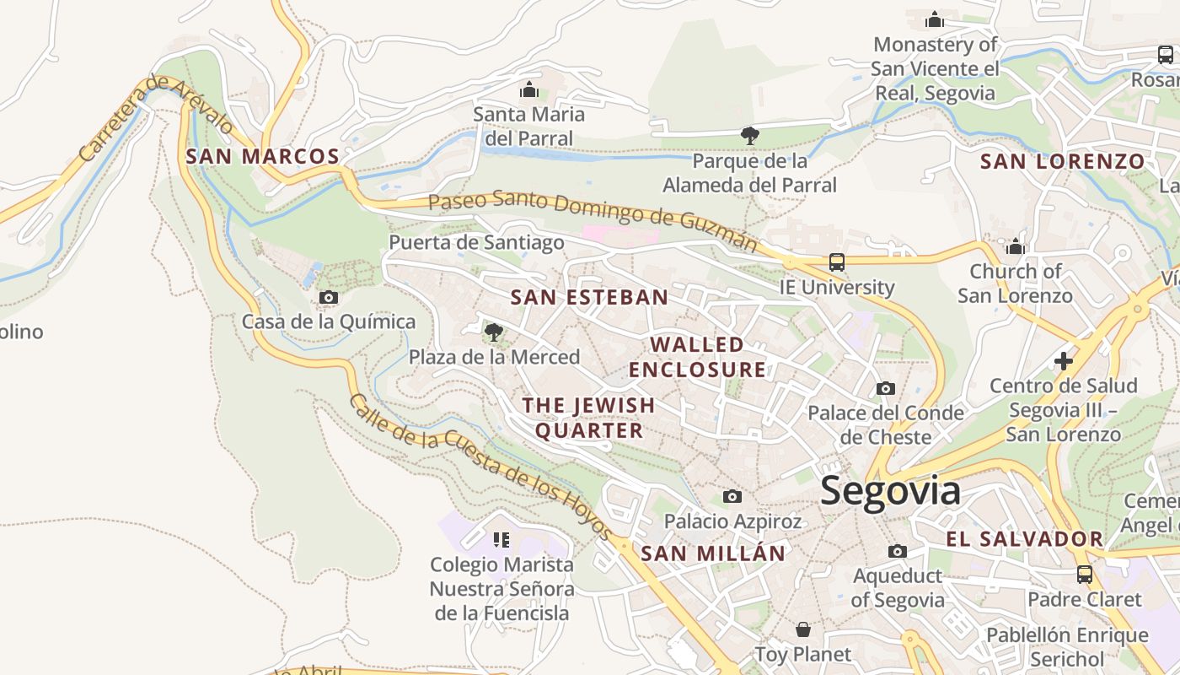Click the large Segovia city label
click(890, 491)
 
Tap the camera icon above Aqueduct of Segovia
click(898, 551)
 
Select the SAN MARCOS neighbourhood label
click(262, 156)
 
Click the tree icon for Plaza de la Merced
click(494, 332)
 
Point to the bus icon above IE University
click(836, 262)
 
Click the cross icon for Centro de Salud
click(1064, 361)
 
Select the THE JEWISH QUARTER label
click(588, 418)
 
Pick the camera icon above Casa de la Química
click(329, 297)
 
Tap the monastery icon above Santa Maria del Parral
click(529, 89)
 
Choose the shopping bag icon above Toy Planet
click(803, 629)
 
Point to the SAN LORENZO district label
click(1062, 161)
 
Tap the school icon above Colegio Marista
click(501, 539)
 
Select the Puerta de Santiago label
click(476, 243)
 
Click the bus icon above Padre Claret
click(1085, 575)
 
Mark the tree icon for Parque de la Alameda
click(749, 135)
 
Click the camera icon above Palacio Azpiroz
click(732, 496)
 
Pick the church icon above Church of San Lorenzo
click(1016, 246)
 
